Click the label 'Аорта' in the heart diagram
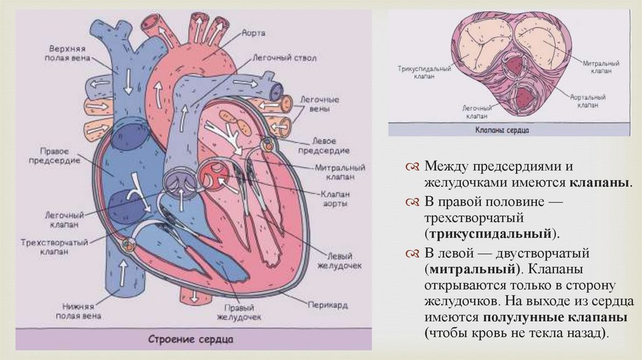coord(254,32)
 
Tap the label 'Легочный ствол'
coord(284,57)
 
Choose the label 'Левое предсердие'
coord(330,145)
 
